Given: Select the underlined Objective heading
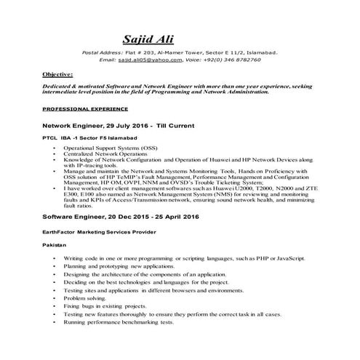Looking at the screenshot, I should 57,74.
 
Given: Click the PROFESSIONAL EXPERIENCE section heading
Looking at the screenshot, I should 85,108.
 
